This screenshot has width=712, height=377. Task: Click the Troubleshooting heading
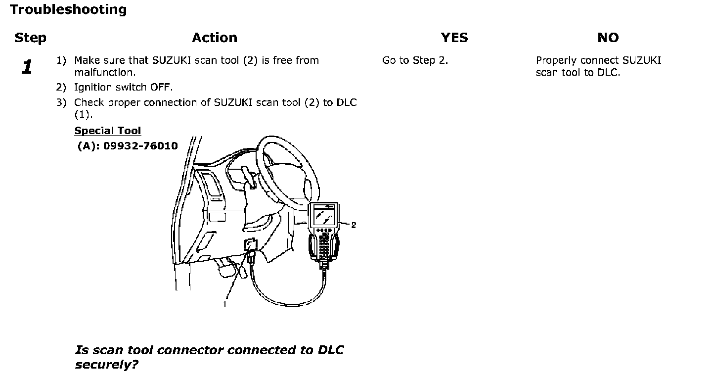(68, 9)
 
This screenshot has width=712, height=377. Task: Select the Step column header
(30, 38)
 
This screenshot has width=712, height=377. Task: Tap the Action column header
(215, 38)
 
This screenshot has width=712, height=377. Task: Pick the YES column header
(454, 38)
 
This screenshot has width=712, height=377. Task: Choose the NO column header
(608, 38)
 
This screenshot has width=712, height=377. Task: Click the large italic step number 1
(28, 67)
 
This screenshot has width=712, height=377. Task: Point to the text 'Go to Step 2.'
(415, 60)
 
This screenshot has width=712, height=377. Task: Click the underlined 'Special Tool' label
(108, 131)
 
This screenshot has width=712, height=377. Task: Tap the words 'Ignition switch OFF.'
(123, 87)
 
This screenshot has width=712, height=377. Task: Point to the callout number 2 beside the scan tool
(354, 225)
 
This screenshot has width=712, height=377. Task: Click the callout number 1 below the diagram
(224, 304)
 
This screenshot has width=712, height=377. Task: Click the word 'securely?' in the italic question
(106, 365)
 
